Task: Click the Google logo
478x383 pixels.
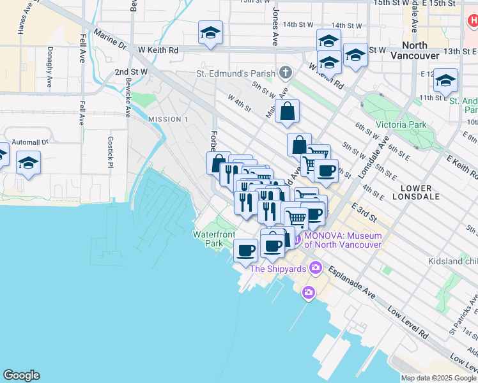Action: coord(21,375)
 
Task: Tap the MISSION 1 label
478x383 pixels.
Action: coord(168,119)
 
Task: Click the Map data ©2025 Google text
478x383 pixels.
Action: coord(438,377)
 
